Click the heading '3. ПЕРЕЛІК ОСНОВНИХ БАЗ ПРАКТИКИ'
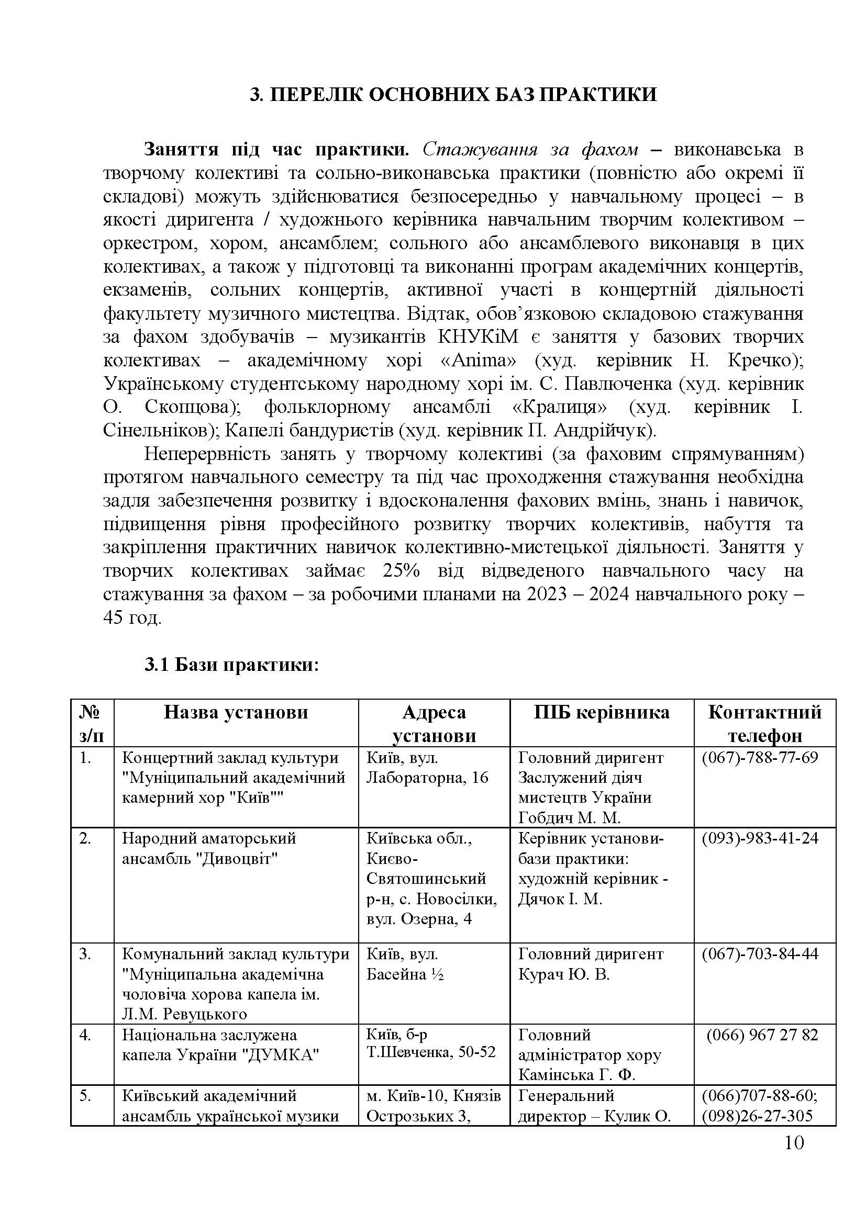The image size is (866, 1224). point(453,95)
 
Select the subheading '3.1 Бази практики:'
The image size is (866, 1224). point(231,665)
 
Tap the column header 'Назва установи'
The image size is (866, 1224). point(236,712)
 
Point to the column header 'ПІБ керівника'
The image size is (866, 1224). point(602,712)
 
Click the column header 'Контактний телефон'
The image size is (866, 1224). point(764,723)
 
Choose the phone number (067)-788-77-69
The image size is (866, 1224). point(760,758)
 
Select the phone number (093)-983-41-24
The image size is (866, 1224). point(760,838)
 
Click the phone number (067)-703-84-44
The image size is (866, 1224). point(760,954)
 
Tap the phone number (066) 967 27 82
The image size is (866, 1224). point(762,1035)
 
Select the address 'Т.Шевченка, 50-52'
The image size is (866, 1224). point(431,1052)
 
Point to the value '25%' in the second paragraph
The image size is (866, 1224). point(401,571)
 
